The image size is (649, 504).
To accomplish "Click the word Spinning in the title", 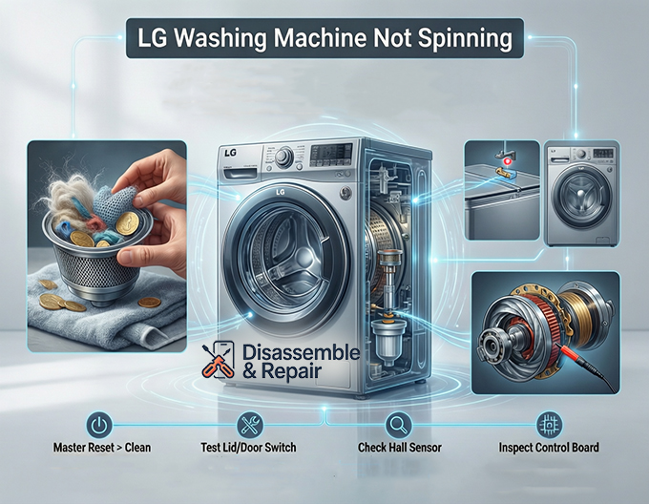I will pyautogui.click(x=458, y=41).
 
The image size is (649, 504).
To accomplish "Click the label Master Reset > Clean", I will pyautogui.click(x=102, y=448).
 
